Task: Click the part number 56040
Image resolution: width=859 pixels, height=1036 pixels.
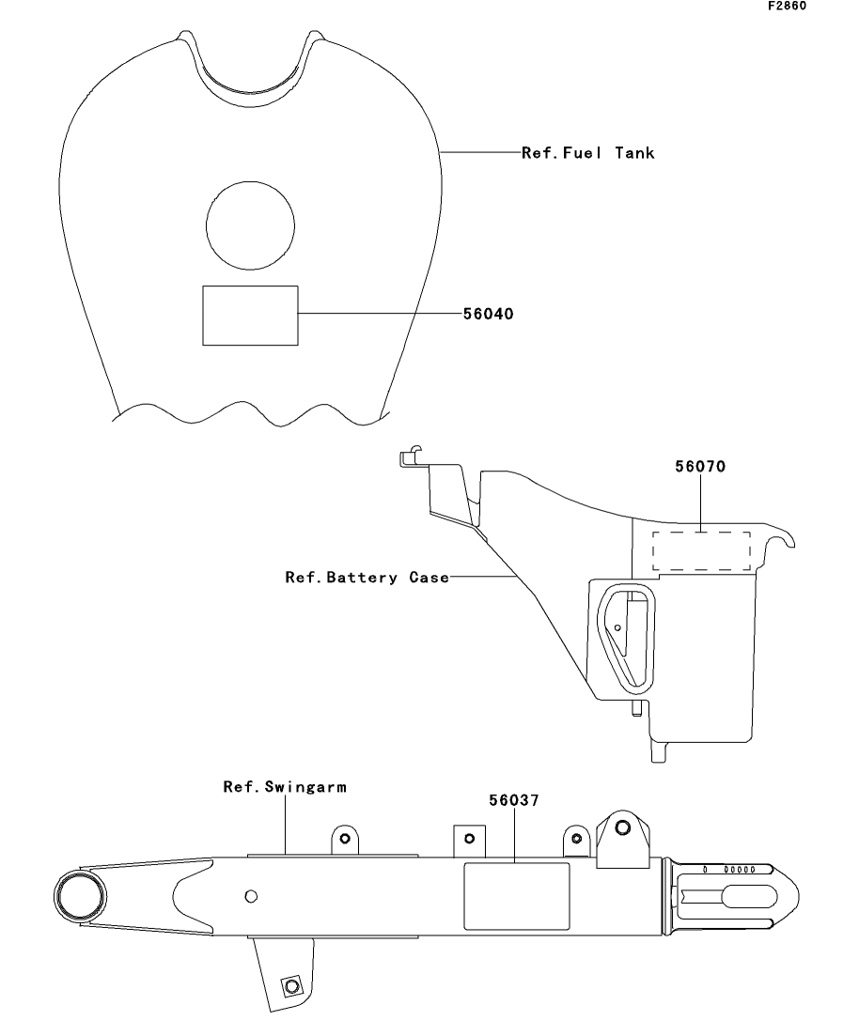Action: coord(488,314)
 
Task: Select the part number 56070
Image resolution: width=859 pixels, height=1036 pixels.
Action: coord(700,467)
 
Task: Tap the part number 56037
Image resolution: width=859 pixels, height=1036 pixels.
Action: coord(514,800)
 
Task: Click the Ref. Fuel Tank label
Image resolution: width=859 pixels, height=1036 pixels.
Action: coord(588,152)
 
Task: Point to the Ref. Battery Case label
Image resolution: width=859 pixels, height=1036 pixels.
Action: coord(367,578)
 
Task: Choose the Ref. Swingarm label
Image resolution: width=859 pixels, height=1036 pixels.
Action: coord(285,787)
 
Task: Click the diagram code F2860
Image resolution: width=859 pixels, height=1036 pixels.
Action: coord(787,6)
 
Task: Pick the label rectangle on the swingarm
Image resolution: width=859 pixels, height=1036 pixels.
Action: coord(517,896)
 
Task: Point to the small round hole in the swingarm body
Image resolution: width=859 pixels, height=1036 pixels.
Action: coord(251,896)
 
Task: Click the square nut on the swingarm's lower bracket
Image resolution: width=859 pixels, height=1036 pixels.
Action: coord(291,986)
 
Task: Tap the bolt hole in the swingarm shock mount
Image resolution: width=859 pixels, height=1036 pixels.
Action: coord(622,827)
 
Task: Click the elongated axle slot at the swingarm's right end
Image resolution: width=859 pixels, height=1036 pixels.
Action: coord(748,897)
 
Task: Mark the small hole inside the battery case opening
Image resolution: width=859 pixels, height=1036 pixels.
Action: coord(617,627)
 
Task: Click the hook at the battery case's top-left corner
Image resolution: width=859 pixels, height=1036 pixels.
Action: coord(410,455)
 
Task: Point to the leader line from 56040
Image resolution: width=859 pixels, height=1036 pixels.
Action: coord(381,314)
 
